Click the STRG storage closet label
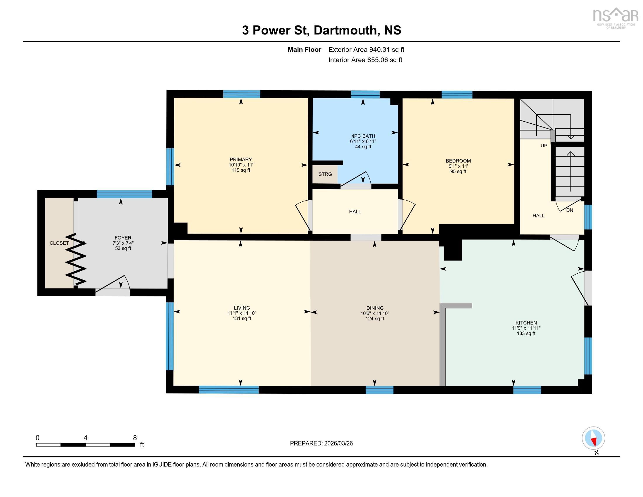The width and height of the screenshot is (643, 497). tap(325, 174)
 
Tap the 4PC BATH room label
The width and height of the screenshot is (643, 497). tap(363, 136)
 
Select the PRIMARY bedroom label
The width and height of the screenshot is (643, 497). tap(241, 160)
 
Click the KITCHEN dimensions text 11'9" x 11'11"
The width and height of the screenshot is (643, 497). tap(526, 328)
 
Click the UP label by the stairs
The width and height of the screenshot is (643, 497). tap(544, 146)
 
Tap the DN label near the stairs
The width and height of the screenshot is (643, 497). tap(569, 210)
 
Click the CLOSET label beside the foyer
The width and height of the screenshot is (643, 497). tap(59, 243)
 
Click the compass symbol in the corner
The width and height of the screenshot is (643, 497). tap(593, 438)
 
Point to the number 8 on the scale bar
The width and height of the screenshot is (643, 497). tap(135, 438)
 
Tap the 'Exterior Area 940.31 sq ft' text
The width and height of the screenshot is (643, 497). tap(366, 49)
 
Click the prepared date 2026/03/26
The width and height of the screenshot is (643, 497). tap(338, 443)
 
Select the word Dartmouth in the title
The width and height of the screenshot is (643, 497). tap(345, 30)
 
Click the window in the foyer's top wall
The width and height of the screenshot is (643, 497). tap(124, 194)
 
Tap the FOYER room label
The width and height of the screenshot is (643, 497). tap(123, 238)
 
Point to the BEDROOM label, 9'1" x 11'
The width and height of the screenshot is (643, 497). tap(458, 161)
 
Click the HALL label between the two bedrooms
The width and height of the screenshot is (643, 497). tap(355, 211)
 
